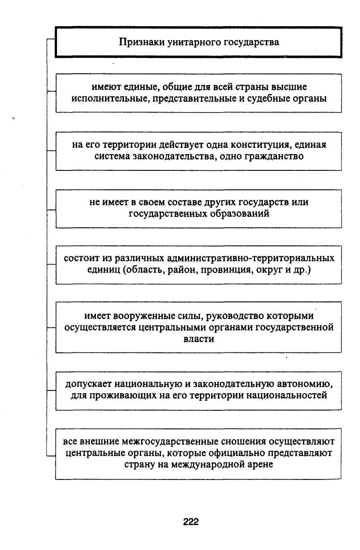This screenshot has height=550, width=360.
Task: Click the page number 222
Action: [x=191, y=522]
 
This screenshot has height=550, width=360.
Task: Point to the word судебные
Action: [x=268, y=99]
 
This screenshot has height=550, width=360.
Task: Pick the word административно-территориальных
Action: [x=251, y=259]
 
